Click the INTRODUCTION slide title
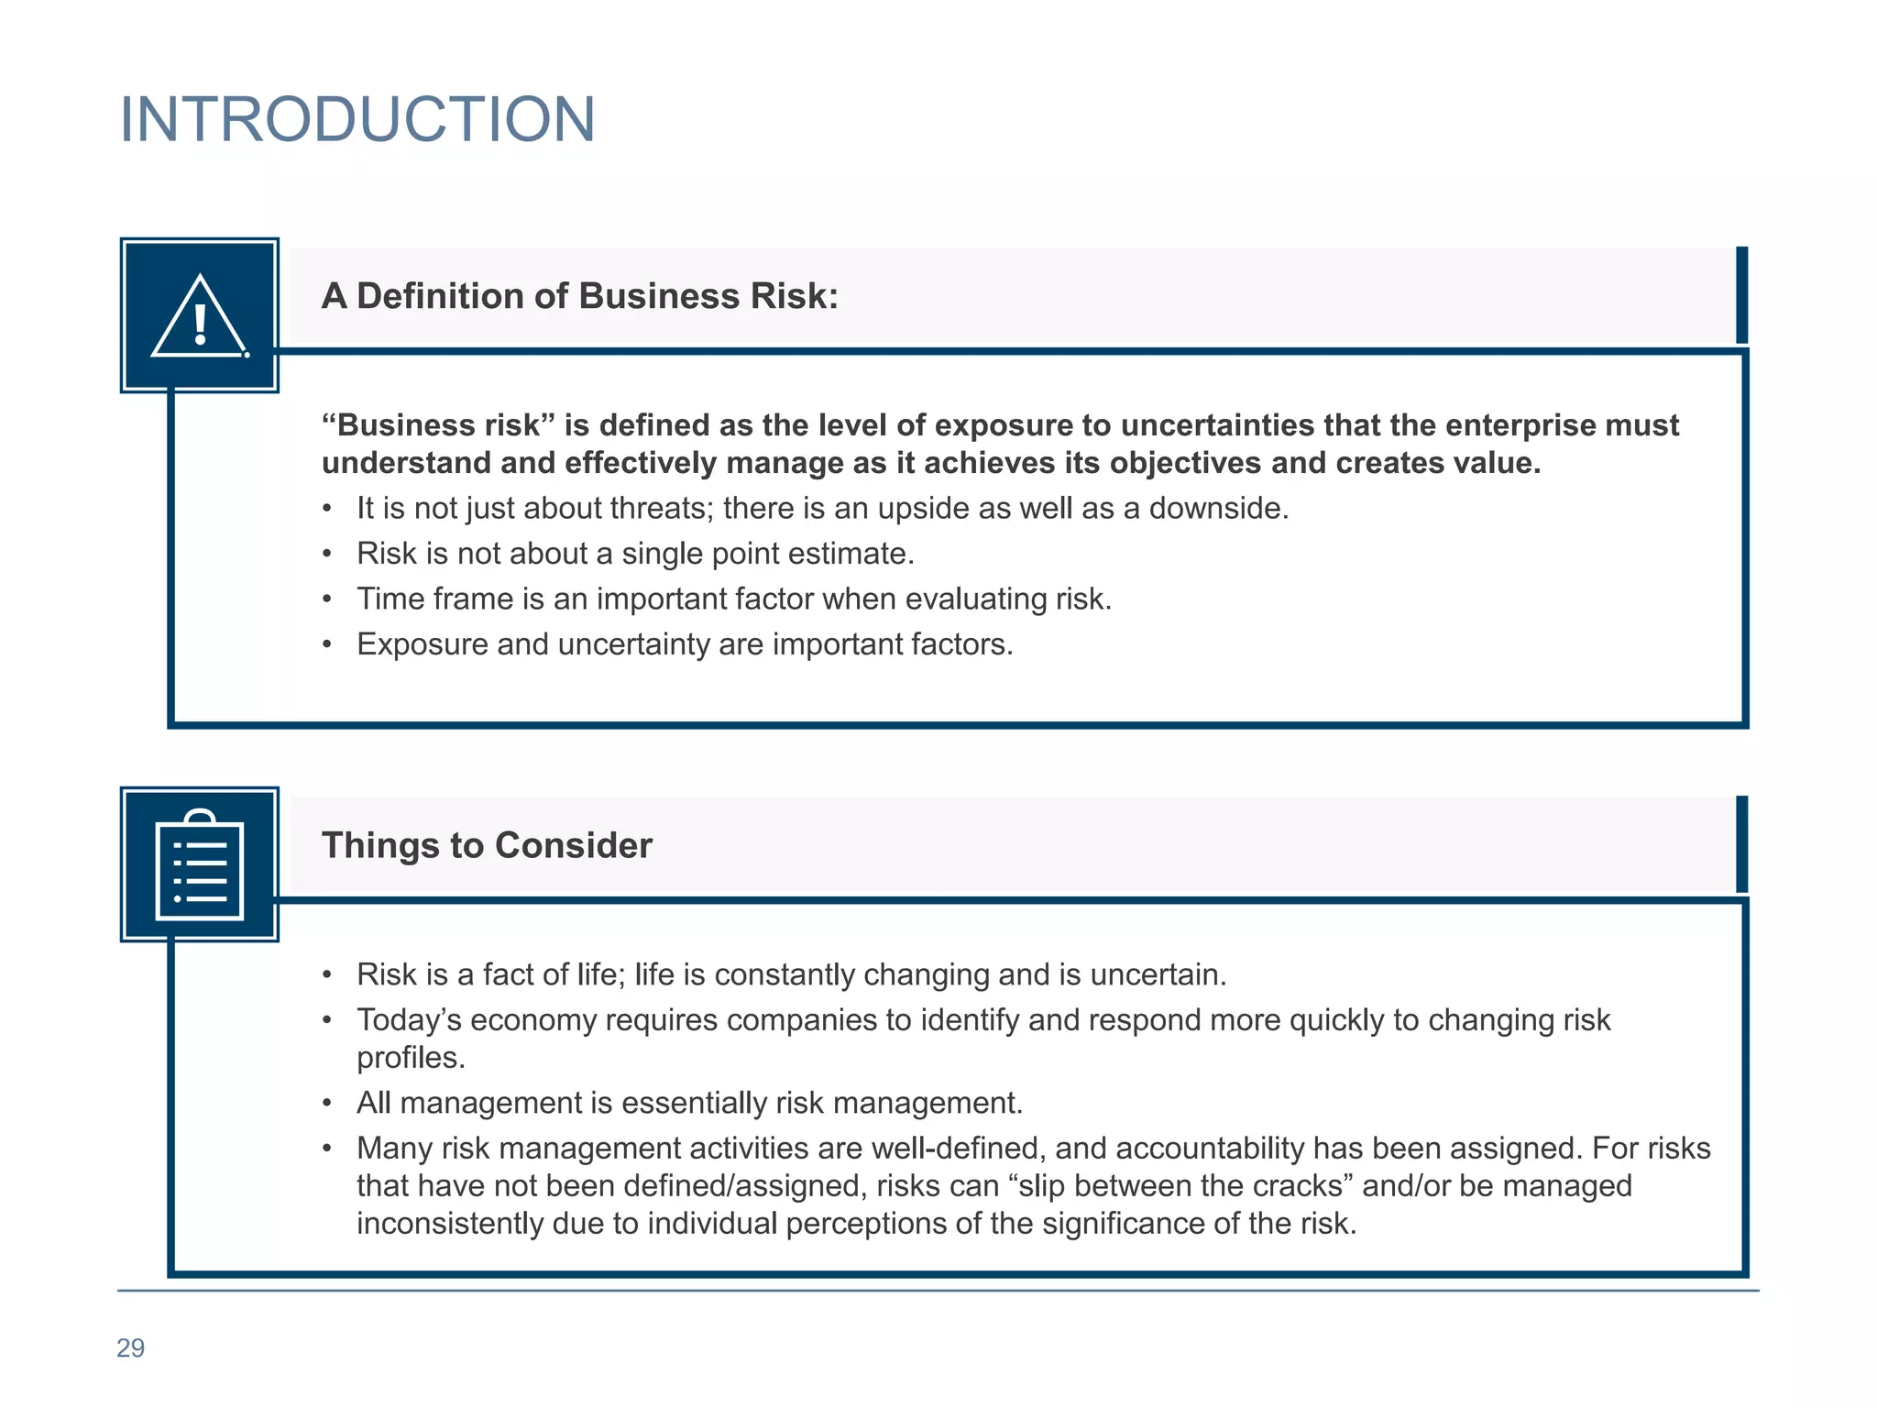[357, 120]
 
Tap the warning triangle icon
[200, 316]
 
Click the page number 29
[130, 1347]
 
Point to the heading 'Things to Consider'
[487, 845]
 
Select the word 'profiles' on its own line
[408, 1058]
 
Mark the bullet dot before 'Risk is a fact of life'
[327, 975]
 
